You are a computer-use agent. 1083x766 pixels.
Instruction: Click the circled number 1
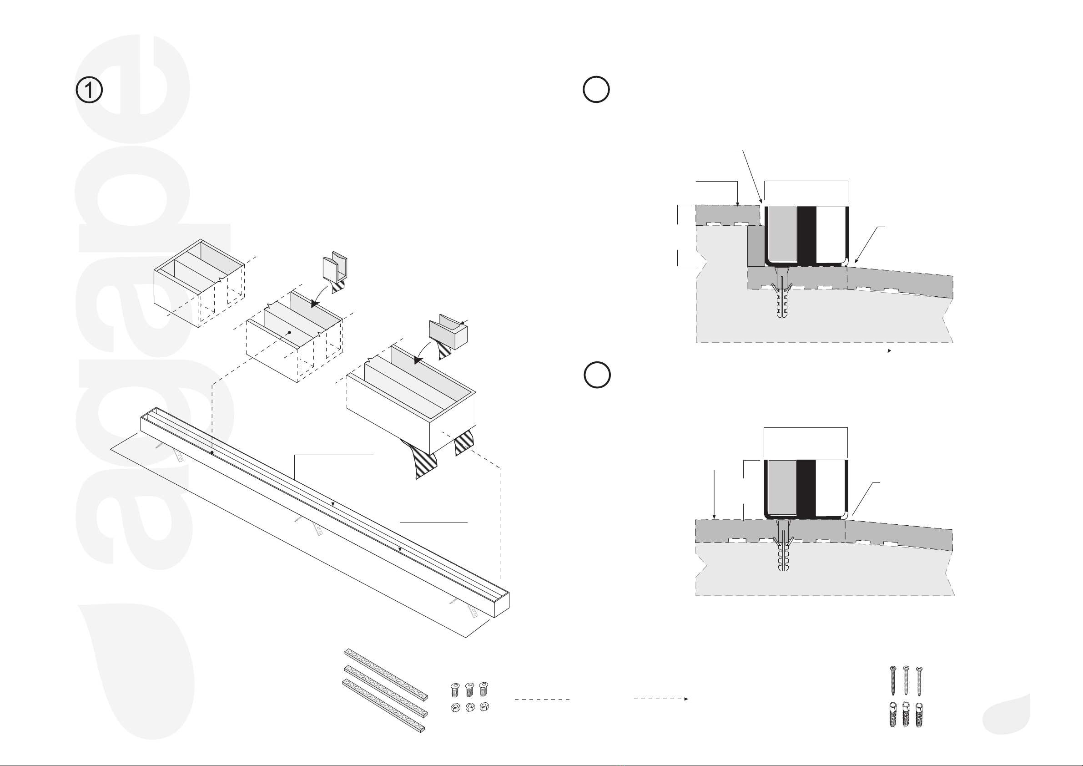(89, 91)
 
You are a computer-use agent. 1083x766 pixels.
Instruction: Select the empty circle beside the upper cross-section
(596, 89)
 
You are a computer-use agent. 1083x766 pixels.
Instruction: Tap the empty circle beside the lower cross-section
(597, 375)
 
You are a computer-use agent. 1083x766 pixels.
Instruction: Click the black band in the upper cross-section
(806, 235)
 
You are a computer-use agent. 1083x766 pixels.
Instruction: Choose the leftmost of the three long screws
(892, 680)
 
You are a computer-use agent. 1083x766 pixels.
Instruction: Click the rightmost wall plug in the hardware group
(919, 715)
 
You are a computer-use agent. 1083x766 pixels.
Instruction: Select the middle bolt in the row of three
(469, 690)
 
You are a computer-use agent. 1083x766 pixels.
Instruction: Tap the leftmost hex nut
(455, 707)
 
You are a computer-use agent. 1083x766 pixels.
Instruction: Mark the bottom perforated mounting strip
(383, 705)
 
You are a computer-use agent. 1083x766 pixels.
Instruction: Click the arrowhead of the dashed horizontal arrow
(686, 699)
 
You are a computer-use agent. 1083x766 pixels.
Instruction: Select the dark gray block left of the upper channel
(756, 246)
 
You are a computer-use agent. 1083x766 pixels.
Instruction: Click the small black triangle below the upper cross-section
(890, 351)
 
